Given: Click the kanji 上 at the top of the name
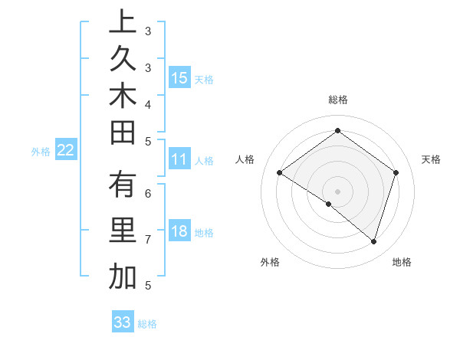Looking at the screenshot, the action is [122, 22].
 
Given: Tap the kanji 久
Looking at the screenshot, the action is [122, 58].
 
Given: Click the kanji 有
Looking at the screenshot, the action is [122, 186].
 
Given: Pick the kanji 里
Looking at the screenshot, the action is [122, 231].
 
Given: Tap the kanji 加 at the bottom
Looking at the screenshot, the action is [122, 275].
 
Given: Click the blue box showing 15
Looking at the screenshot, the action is [179, 78].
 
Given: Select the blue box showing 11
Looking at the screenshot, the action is [179, 159].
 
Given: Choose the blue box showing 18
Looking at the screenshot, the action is [179, 232].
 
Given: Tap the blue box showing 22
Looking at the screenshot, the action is [66, 150].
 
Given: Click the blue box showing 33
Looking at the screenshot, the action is [123, 322].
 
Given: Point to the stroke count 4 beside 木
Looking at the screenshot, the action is [147, 104].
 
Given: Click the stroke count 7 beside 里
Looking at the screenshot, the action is [147, 240].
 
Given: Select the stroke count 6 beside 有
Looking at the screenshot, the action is [147, 194].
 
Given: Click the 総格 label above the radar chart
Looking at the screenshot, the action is [337, 100].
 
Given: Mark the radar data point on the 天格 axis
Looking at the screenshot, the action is [396, 172].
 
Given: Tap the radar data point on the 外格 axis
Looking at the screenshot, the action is [329, 204].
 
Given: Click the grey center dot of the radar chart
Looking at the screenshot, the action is [337, 191].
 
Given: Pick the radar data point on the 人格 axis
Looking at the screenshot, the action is [279, 172].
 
